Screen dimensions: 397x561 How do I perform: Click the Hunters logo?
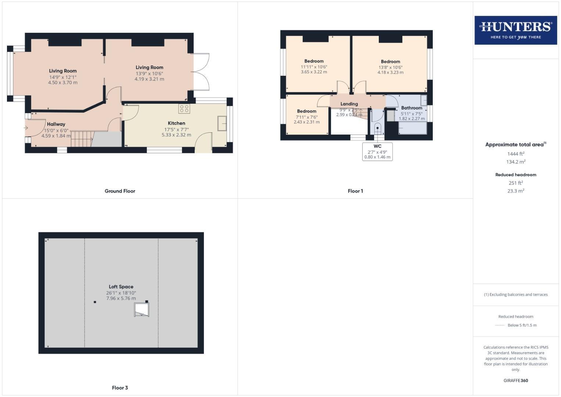[515, 30]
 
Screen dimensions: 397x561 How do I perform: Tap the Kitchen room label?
[176, 123]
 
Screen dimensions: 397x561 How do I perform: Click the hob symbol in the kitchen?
[184, 108]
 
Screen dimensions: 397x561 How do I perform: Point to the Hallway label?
[56, 124]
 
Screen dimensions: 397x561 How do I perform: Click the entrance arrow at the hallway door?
[26, 128]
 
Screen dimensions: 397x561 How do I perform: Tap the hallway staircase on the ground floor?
[81, 139]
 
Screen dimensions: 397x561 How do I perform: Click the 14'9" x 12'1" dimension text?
[63, 77]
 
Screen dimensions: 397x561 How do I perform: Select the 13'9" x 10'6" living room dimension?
[149, 74]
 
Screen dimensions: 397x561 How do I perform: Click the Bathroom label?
[411, 108]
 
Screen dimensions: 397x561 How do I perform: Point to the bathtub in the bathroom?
[413, 128]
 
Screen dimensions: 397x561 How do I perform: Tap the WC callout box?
[377, 151]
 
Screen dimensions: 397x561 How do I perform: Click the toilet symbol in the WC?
[378, 129]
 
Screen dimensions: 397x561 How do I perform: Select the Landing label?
[349, 104]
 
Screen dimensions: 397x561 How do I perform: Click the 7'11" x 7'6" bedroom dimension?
[306, 117]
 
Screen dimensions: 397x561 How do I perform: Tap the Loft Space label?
[121, 287]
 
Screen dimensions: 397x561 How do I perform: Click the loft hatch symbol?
[141, 310]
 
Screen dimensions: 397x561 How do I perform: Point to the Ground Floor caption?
[120, 191]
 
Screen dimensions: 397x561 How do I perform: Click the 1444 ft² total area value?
[516, 154]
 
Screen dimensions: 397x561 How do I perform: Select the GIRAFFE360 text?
[515, 380]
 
